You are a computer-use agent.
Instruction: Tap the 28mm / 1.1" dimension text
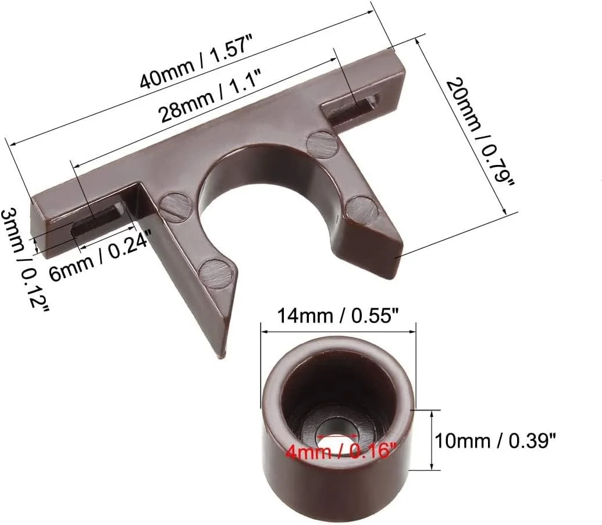tap(211, 95)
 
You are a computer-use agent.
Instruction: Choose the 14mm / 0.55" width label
tap(338, 316)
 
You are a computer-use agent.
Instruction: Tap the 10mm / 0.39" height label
tap(495, 441)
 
